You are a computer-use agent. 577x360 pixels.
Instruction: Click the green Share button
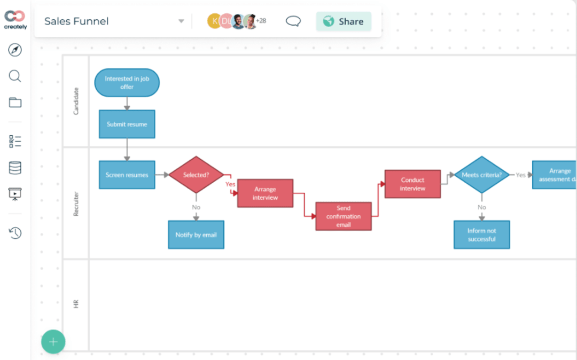(344, 21)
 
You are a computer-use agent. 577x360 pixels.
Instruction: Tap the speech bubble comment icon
(293, 21)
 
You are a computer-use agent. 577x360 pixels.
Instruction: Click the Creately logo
(15, 20)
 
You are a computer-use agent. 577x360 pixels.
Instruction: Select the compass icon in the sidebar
(15, 50)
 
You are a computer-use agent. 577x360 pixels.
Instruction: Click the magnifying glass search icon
(15, 76)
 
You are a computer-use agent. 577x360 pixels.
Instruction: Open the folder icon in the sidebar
(15, 103)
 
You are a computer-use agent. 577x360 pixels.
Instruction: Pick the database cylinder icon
(15, 168)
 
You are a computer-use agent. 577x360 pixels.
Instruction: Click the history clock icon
(15, 233)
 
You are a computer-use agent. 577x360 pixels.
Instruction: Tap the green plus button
(53, 342)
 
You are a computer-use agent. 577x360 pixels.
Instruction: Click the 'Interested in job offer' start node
(127, 83)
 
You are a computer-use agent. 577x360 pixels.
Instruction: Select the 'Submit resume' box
(127, 124)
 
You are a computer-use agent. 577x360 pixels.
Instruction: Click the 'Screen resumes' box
(127, 175)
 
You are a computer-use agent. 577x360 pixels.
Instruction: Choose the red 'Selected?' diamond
(196, 175)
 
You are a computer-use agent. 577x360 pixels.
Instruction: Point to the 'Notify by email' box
(196, 234)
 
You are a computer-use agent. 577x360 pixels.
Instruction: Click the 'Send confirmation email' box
(344, 216)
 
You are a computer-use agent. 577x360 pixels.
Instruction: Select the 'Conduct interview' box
(412, 184)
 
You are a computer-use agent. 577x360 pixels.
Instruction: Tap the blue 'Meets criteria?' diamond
(481, 175)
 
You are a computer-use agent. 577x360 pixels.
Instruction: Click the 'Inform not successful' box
(481, 234)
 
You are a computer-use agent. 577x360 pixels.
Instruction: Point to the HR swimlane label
(75, 304)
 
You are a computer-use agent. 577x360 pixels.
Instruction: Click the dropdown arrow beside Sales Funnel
(181, 21)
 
